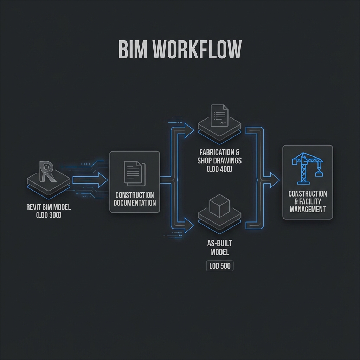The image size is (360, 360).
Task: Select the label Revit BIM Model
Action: click(x=49, y=207)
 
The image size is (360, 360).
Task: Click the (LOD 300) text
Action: click(x=49, y=215)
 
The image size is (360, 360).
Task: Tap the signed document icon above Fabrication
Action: click(x=219, y=116)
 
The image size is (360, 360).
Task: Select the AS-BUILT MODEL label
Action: click(x=220, y=247)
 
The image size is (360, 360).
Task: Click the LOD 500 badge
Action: click(x=220, y=266)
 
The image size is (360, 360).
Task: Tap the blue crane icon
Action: click(x=307, y=168)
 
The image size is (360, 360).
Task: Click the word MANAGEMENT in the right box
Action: click(x=308, y=209)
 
